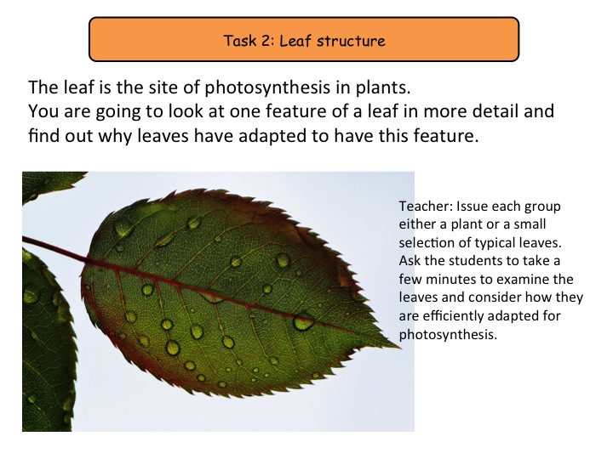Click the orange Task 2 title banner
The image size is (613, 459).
pos(304,39)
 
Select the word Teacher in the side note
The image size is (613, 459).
pos(426,206)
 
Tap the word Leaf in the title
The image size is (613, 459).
pos(295,41)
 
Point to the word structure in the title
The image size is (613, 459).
pos(351,41)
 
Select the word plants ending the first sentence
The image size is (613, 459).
pos(383,88)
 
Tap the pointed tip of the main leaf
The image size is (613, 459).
pos(400,347)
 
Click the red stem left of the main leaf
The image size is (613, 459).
pos(54,248)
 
